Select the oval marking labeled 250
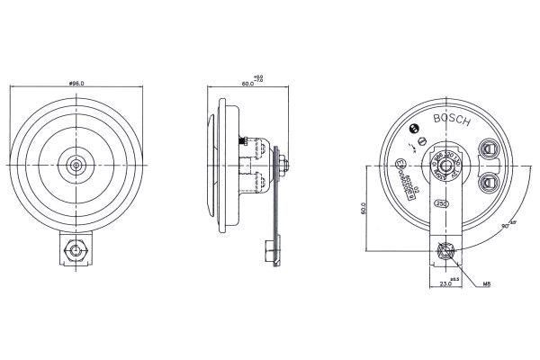[443, 204]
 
